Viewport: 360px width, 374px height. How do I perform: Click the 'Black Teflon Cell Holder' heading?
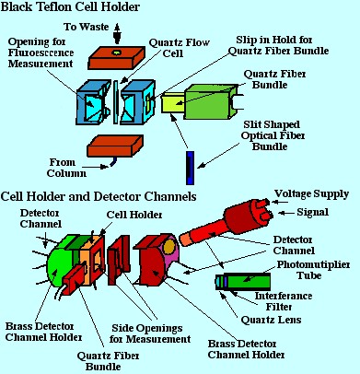70,6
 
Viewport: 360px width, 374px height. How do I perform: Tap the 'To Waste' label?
87,27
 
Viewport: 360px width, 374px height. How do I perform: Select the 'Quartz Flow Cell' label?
179,48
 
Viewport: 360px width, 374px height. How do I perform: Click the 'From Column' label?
66,168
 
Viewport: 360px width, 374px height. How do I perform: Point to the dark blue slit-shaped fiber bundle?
191,168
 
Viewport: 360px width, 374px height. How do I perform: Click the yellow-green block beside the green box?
172,103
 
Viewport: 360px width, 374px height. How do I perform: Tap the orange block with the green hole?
116,57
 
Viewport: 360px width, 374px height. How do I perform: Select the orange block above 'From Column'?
115,146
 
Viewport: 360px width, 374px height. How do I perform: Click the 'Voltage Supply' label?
311,194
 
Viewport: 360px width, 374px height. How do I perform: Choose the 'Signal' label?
312,212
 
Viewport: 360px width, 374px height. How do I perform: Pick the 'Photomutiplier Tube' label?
313,270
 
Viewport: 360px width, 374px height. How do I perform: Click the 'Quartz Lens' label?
271,320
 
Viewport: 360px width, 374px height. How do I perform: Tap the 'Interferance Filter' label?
284,301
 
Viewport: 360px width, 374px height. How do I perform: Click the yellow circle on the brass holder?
168,247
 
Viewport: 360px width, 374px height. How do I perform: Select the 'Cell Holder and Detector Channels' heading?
99,196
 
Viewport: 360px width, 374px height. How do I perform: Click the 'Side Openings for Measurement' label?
150,333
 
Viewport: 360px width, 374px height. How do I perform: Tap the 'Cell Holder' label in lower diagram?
134,215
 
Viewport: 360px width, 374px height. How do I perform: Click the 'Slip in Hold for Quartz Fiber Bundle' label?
279,45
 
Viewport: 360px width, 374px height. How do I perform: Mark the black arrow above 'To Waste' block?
117,33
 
